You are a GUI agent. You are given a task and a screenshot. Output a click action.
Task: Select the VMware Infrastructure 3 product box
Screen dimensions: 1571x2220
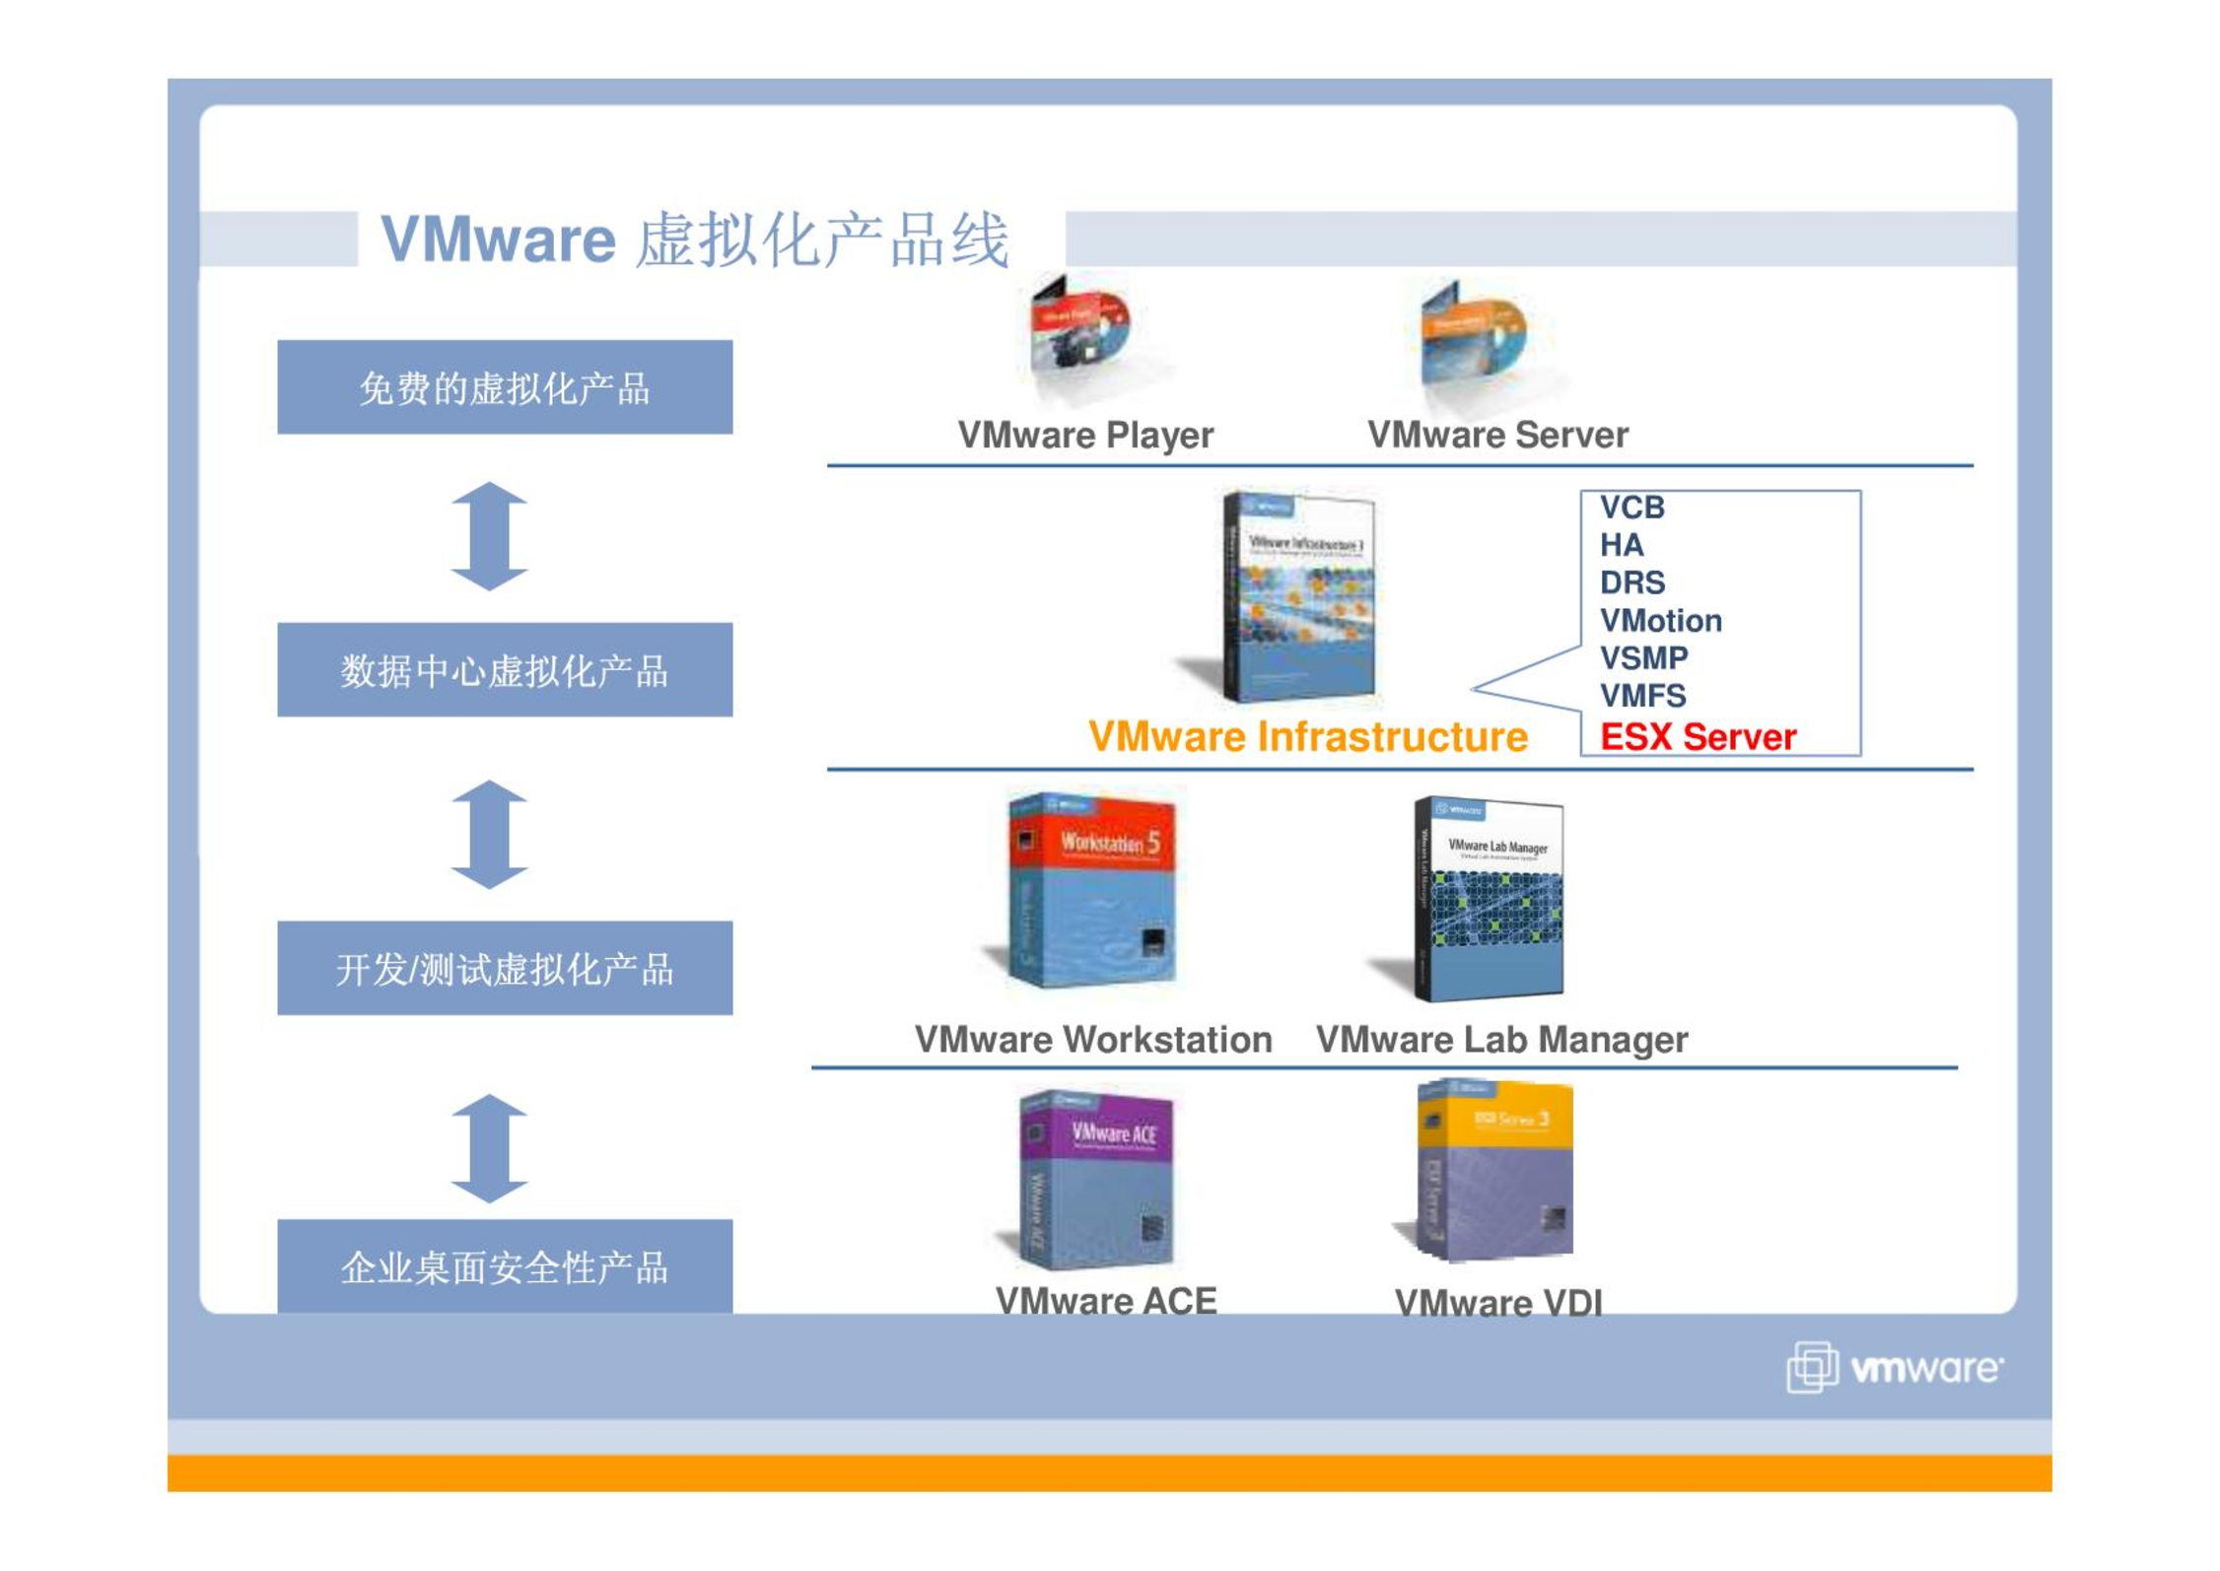pos(1296,597)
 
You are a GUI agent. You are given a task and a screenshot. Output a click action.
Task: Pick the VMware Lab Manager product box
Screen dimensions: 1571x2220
pos(1489,899)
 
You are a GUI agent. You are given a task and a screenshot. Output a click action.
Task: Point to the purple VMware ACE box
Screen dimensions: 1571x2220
pos(1095,1179)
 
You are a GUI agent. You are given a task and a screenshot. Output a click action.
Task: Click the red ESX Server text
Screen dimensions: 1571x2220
pos(1697,736)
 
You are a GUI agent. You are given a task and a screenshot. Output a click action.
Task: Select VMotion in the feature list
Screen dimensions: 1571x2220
pos(1660,620)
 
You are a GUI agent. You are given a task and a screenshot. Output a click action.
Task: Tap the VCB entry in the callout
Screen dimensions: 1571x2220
pos(1631,508)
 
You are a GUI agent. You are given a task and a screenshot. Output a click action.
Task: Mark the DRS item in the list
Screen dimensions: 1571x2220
pos(1631,582)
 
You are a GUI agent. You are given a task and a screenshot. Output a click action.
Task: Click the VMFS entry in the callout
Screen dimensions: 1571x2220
pos(1642,696)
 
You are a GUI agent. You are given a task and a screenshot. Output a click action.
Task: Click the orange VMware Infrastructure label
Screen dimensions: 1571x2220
pos(1307,737)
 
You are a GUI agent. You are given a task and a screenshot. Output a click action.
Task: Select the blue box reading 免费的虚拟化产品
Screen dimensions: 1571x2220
pos(505,387)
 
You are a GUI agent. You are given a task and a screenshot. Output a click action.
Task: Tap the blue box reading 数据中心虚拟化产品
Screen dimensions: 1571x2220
pos(505,670)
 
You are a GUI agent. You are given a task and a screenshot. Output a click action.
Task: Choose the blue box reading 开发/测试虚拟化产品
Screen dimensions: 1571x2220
pos(505,968)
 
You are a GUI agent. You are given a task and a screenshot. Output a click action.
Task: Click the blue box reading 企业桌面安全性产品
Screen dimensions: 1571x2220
pos(505,1265)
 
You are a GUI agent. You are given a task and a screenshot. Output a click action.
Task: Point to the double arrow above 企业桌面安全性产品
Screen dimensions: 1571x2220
pos(489,1148)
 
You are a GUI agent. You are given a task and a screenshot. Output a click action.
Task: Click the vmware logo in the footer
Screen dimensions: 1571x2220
pos(1893,1368)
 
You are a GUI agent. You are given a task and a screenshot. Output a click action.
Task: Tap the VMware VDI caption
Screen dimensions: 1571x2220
pos(1497,1303)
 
